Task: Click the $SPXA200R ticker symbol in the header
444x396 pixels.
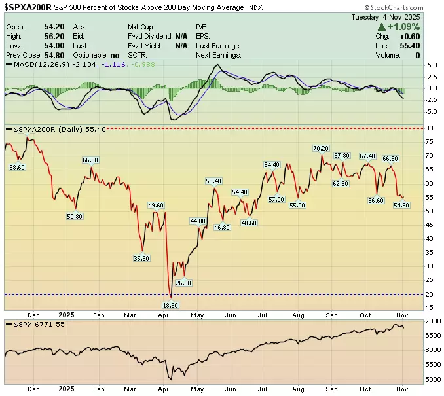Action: (30, 8)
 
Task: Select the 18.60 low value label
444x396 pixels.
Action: (170, 305)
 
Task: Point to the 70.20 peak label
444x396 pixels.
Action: (320, 149)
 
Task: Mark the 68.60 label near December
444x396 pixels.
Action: (16, 167)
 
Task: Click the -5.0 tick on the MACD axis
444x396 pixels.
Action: (432, 112)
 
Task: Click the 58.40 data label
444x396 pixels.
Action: (214, 181)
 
